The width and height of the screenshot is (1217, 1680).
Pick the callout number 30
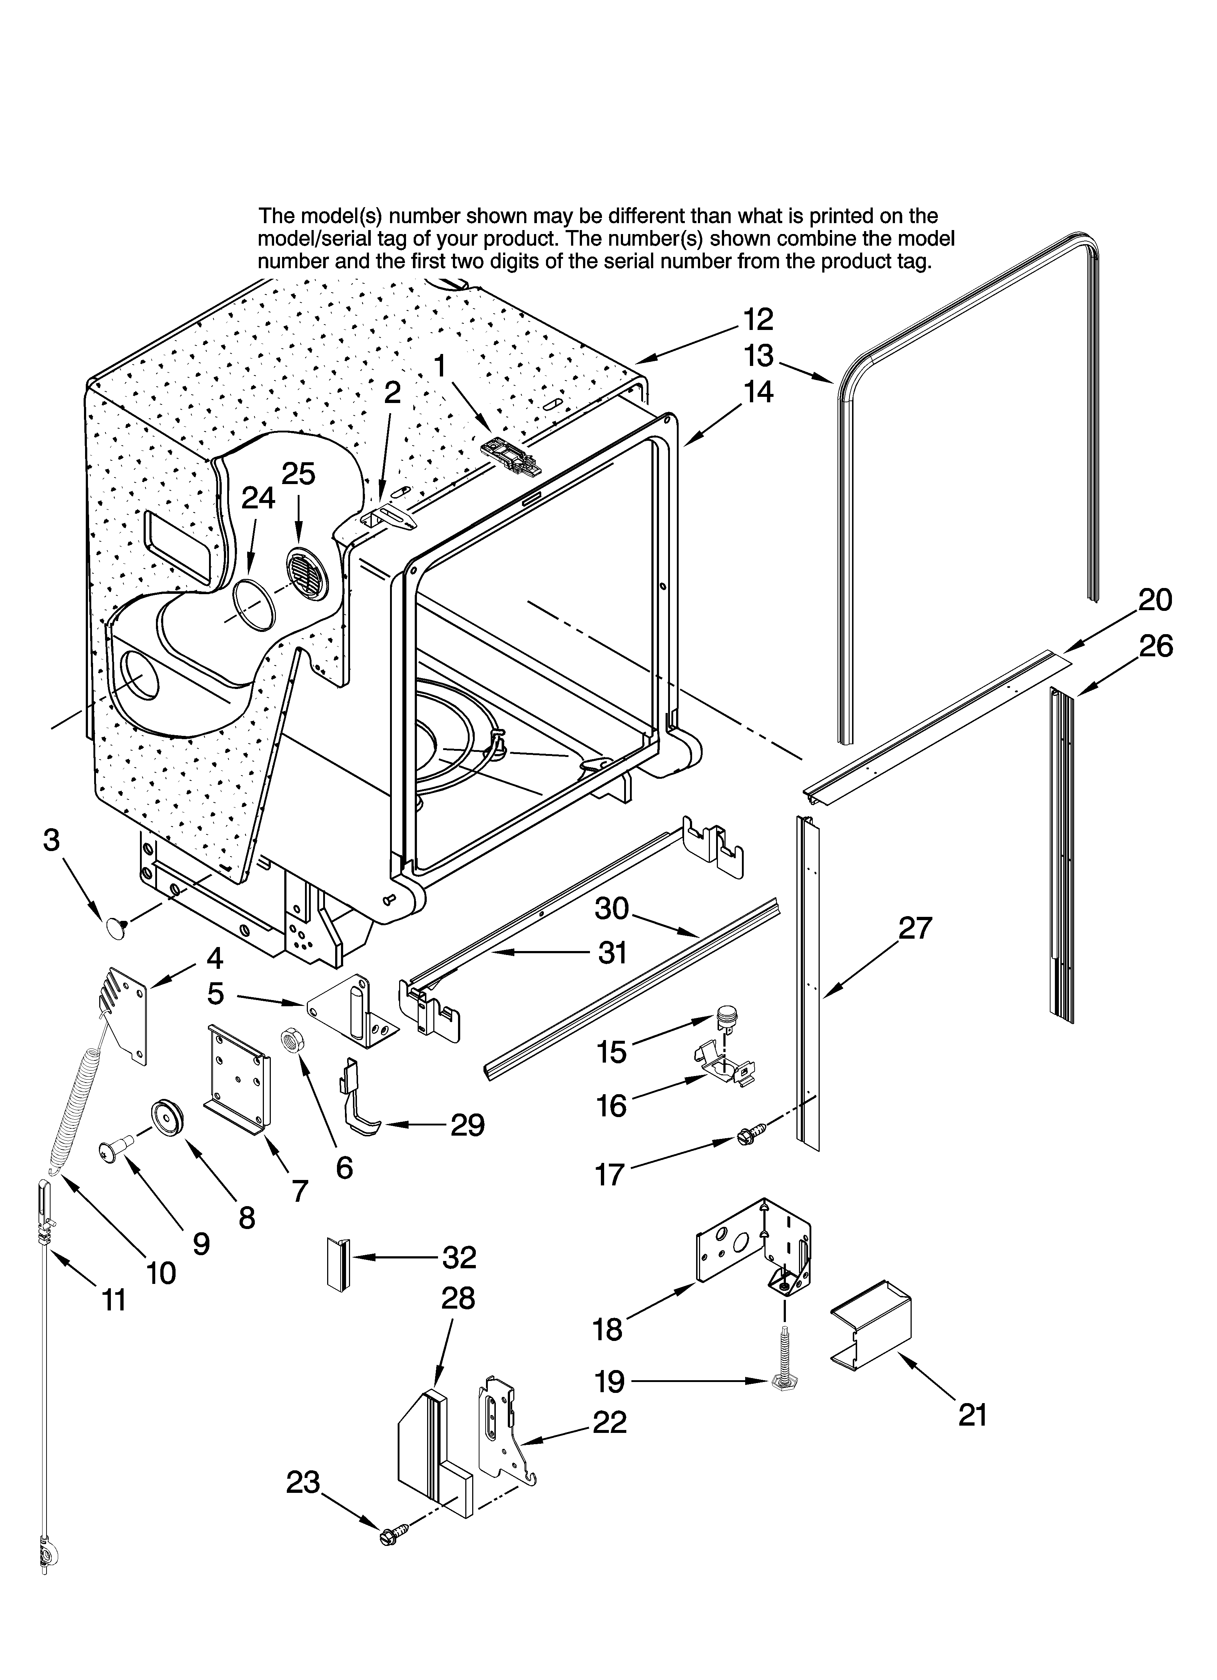tap(611, 908)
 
